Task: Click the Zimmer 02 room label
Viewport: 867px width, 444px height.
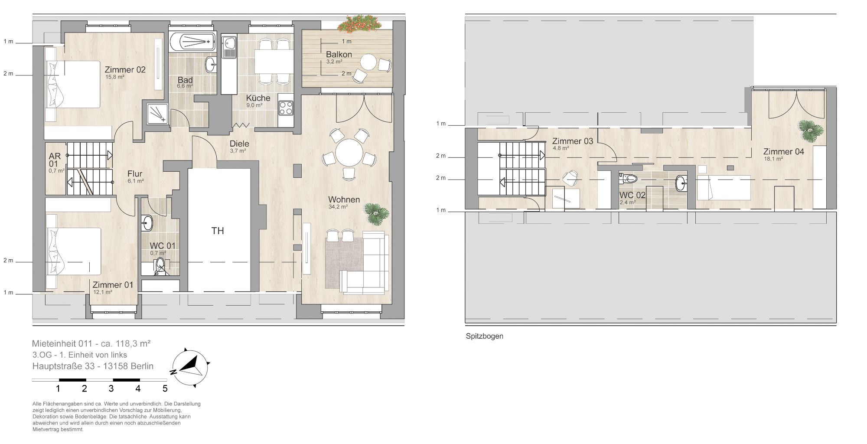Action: pos(125,69)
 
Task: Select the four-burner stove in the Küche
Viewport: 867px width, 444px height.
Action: pos(286,108)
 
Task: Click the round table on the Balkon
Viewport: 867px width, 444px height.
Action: pos(369,62)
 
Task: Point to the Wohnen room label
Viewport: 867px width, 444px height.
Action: pos(344,199)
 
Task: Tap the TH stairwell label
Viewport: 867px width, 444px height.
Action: pos(218,231)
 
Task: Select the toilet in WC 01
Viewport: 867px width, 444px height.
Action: pos(160,266)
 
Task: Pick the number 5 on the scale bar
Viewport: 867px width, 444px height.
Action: pos(165,388)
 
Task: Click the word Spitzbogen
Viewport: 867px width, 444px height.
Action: pos(485,336)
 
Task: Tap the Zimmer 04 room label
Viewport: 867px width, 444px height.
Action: pos(784,151)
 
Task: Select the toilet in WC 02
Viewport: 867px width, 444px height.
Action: pos(629,178)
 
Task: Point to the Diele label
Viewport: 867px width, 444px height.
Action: pos(239,144)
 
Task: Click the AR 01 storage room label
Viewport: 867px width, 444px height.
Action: pos(53,160)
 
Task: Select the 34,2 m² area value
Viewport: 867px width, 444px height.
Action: pos(338,207)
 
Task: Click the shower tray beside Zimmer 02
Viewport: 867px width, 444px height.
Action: pos(157,114)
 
